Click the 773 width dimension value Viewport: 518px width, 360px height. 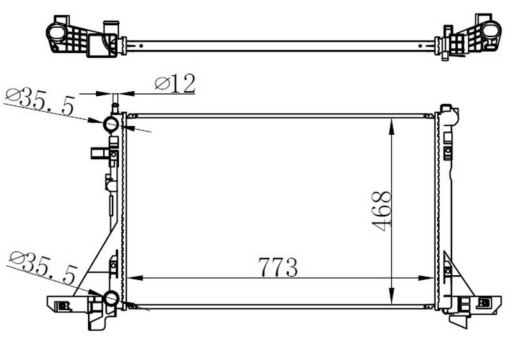(278, 267)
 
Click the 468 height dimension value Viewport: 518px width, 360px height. (381, 210)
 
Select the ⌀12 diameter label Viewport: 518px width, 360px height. (175, 84)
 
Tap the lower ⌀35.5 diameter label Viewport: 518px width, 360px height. (43, 267)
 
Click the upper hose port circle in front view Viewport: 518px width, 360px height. (111, 124)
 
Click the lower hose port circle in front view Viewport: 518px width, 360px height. (111, 298)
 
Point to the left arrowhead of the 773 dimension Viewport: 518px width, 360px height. (135, 278)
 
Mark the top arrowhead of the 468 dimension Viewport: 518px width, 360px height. (392, 126)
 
